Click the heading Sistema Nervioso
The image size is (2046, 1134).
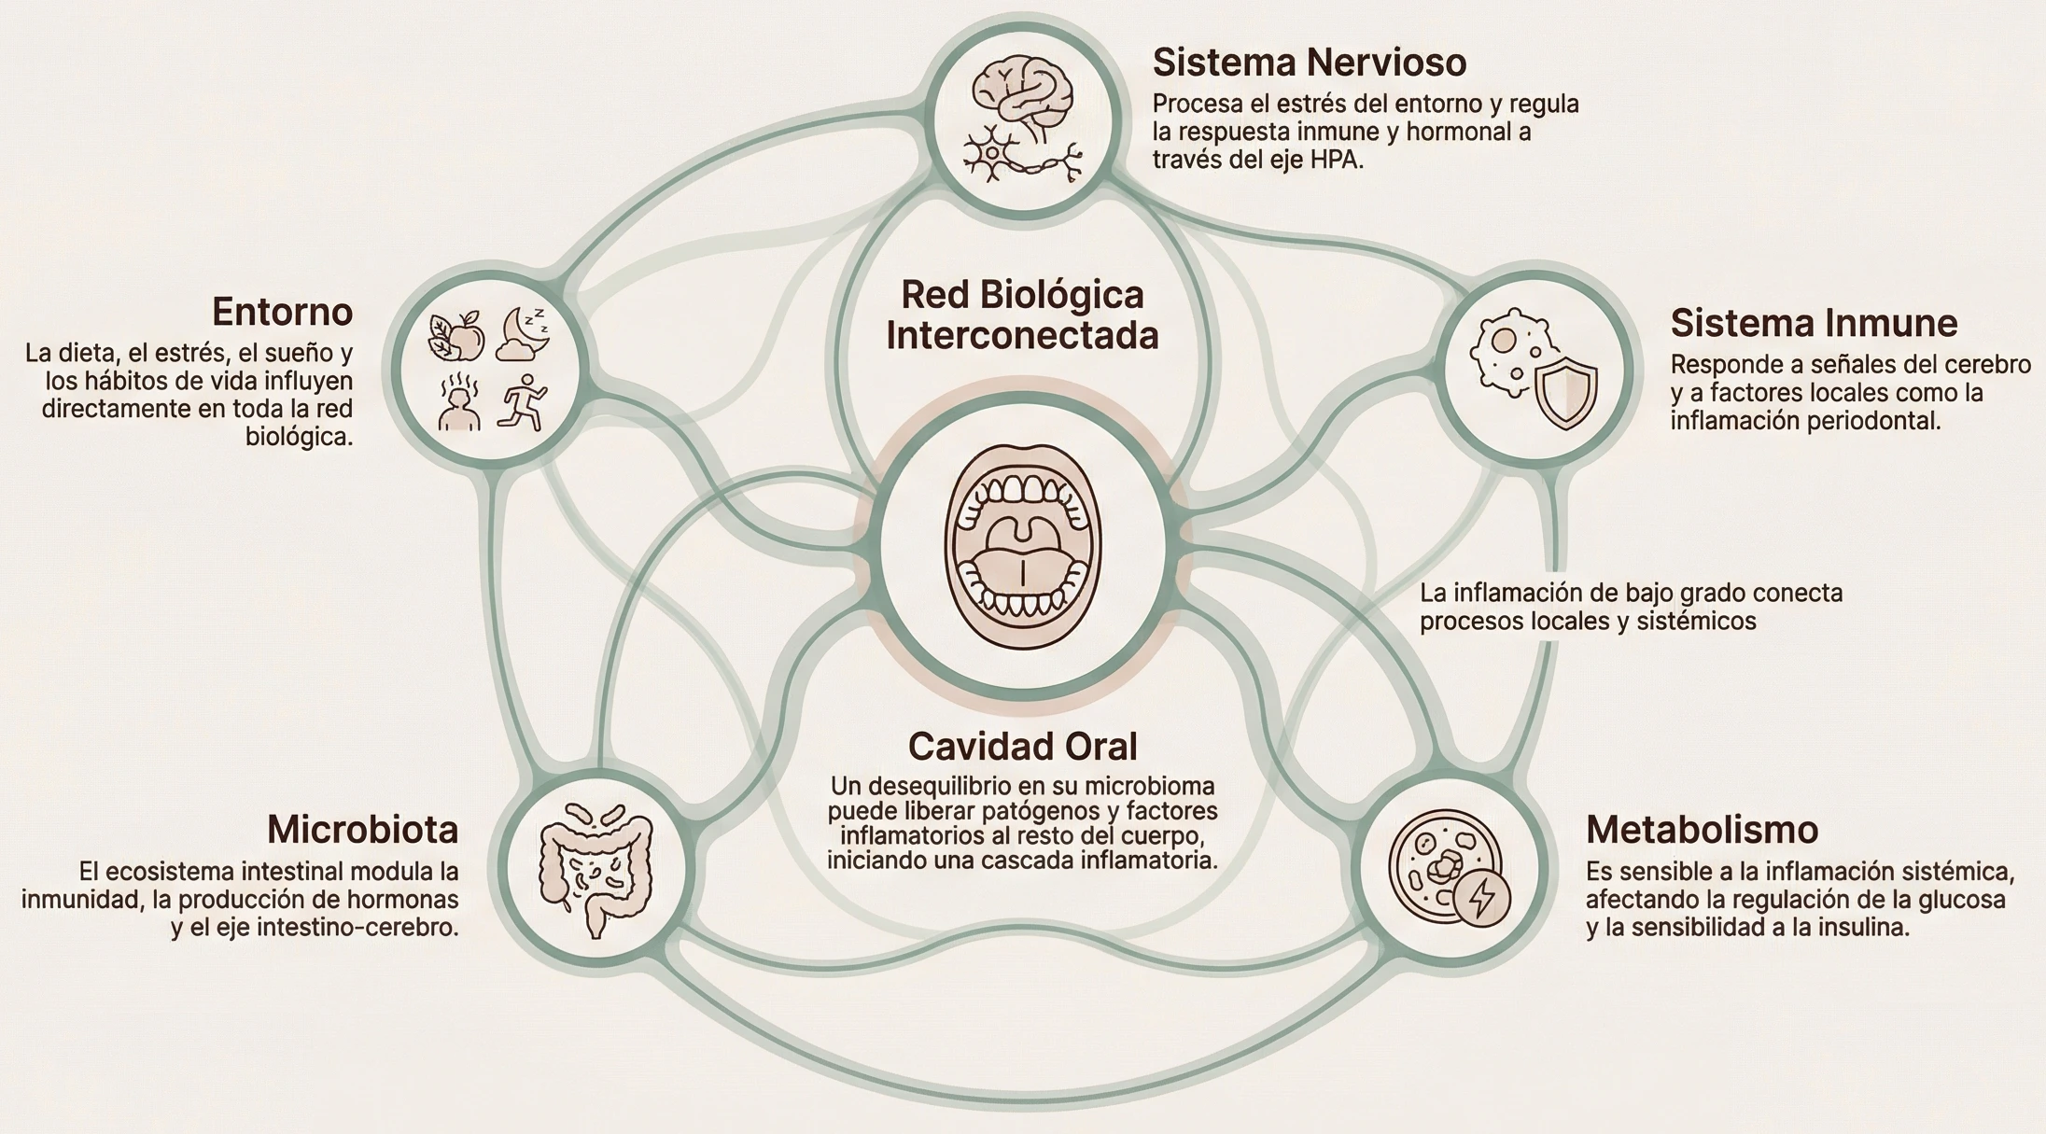(x=1309, y=63)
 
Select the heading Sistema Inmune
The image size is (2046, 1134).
(x=1814, y=323)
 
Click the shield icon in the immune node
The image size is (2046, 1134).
(x=1565, y=391)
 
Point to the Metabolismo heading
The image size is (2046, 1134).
(x=1702, y=830)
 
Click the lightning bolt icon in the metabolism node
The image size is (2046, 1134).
(x=1481, y=897)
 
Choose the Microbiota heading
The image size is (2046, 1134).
(x=362, y=830)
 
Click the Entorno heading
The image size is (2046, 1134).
(x=282, y=312)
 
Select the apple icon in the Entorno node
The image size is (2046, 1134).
(x=457, y=336)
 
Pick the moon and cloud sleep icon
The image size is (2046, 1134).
(x=523, y=334)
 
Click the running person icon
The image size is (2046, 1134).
(x=523, y=403)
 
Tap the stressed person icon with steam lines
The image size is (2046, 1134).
(x=458, y=404)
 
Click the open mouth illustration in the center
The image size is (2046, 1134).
(x=1022, y=547)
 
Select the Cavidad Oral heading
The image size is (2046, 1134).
(x=1022, y=747)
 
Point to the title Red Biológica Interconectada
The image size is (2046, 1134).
(x=1022, y=315)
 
